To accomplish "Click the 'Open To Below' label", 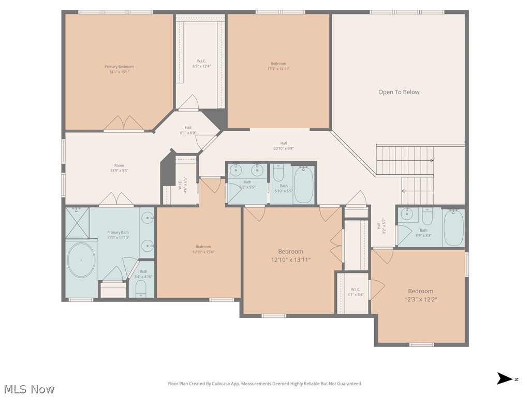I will tap(399, 92).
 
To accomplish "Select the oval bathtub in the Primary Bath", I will tap(82, 261).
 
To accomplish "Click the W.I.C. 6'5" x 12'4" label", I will tap(201, 64).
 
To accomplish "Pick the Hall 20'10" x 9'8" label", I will tap(284, 146).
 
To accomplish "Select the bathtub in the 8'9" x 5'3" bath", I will tap(453, 227).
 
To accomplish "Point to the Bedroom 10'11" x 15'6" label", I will tap(203, 249).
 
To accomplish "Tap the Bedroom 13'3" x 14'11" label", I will tap(278, 66).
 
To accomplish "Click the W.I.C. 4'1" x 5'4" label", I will tap(355, 292).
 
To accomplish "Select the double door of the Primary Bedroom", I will tap(124, 124).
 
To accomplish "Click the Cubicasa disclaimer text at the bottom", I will tap(265, 384).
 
